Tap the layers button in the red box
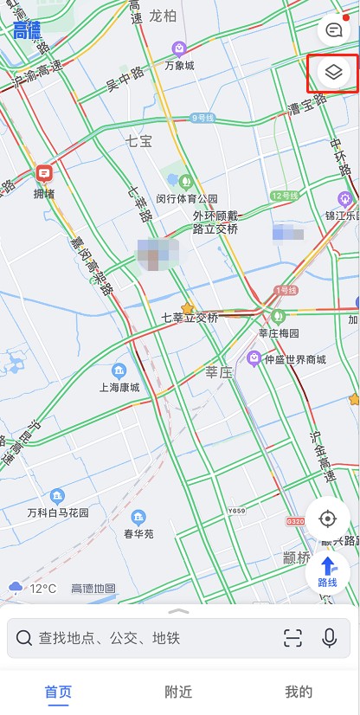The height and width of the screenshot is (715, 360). [334, 73]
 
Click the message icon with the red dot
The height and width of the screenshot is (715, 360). [334, 30]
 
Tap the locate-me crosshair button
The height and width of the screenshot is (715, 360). [328, 519]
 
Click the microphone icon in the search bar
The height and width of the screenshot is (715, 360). [329, 639]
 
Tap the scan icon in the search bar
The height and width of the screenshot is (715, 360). [293, 639]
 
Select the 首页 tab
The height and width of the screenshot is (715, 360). [59, 692]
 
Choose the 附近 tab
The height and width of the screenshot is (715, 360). [178, 692]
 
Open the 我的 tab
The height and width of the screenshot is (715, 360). [299, 692]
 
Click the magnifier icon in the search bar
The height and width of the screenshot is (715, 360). [24, 639]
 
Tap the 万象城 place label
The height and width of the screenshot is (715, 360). [179, 65]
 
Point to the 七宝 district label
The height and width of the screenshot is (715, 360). [138, 139]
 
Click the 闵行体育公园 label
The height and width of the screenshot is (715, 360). [187, 198]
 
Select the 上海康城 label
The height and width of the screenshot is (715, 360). [119, 387]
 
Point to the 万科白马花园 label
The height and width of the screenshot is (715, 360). [58, 512]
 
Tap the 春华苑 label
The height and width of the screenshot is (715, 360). [138, 533]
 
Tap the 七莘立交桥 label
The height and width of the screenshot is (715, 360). [190, 318]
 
